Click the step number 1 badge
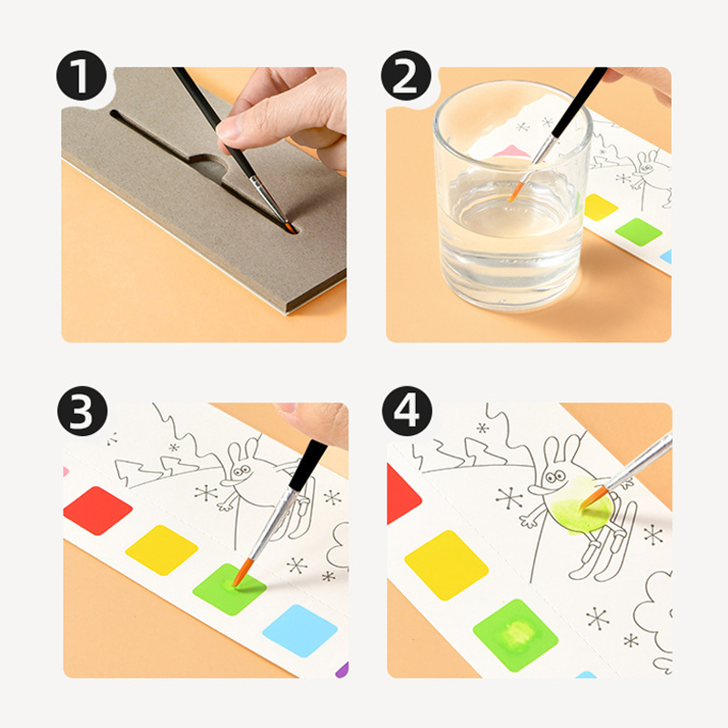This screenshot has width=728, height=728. pyautogui.click(x=81, y=76)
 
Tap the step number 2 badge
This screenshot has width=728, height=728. pyautogui.click(x=406, y=76)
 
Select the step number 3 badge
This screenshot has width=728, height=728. pyautogui.click(x=82, y=410)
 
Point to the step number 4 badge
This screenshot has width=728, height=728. pyautogui.click(x=407, y=410)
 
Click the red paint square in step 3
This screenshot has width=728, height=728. pyautogui.click(x=98, y=511)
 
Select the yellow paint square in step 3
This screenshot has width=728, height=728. pyautogui.click(x=162, y=550)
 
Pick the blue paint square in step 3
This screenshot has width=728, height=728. pyautogui.click(x=300, y=631)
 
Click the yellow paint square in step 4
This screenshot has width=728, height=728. pyautogui.click(x=446, y=564)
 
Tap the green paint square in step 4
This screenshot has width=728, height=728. pyautogui.click(x=515, y=635)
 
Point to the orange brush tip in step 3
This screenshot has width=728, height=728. pyautogui.click(x=241, y=573)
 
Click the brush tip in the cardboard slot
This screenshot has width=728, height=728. pyautogui.click(x=290, y=227)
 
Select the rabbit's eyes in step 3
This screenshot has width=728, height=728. pyautogui.click(x=242, y=471)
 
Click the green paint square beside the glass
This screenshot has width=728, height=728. pyautogui.click(x=639, y=232)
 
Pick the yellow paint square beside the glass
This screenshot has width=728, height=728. pyautogui.click(x=600, y=207)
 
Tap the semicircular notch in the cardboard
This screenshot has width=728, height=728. pyautogui.click(x=209, y=167)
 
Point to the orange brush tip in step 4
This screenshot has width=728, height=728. pyautogui.click(x=593, y=497)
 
